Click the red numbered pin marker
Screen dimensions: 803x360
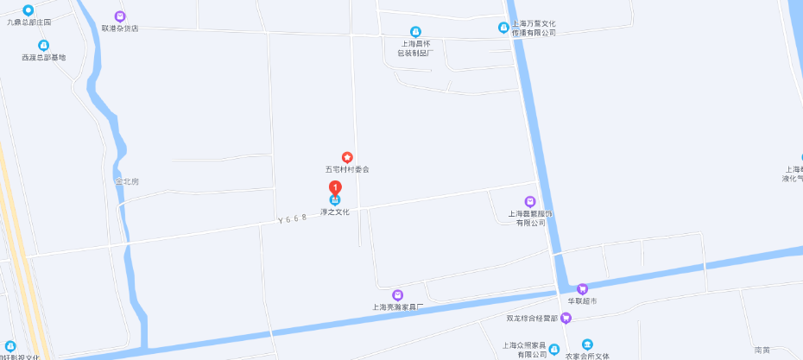(x=335, y=189)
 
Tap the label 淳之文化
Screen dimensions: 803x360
(x=335, y=212)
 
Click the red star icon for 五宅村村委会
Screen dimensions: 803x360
(x=347, y=157)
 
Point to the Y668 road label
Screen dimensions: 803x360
(x=293, y=221)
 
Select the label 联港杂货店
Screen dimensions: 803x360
(x=119, y=28)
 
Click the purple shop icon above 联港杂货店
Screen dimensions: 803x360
(x=119, y=16)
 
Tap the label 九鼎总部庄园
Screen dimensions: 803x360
(x=29, y=21)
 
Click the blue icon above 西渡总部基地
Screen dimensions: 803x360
(x=43, y=45)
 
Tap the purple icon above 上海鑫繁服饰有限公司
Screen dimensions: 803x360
(x=530, y=201)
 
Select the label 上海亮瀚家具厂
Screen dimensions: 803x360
(x=397, y=306)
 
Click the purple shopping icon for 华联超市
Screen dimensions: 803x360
(x=582, y=288)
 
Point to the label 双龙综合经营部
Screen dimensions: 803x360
(x=532, y=319)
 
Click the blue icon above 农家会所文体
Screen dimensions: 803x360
(x=587, y=344)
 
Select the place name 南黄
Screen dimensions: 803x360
(x=762, y=350)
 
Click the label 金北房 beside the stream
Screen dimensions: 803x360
(x=126, y=181)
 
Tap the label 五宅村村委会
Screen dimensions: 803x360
(x=347, y=169)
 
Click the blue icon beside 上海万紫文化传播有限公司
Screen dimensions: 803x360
(x=503, y=27)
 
